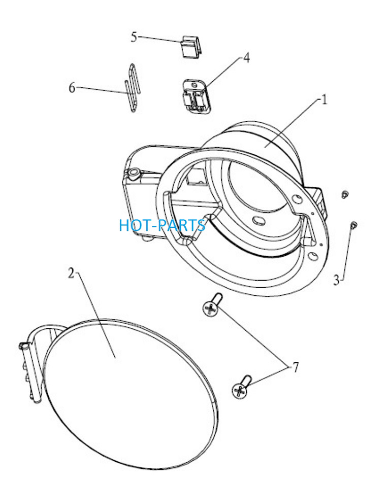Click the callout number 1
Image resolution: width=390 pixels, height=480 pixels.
tap(324, 100)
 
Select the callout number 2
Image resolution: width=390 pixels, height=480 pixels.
tap(72, 273)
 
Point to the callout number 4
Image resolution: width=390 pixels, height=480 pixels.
tap(246, 57)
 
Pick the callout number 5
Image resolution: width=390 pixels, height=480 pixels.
tap(134, 37)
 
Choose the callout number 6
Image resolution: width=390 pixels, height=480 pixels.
tap(72, 88)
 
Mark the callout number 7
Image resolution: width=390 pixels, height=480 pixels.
tap(296, 367)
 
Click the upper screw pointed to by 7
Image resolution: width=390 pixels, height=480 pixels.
tap(212, 304)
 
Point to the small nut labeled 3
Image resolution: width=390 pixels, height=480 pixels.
tap(354, 225)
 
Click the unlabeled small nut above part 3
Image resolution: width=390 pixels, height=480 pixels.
tap(345, 194)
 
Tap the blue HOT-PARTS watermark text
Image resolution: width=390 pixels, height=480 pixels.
tap(162, 225)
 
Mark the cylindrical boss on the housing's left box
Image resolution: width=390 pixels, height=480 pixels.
tap(134, 174)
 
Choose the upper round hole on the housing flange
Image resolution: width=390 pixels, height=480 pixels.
tap(297, 199)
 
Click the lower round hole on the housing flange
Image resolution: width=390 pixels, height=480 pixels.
tap(313, 255)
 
